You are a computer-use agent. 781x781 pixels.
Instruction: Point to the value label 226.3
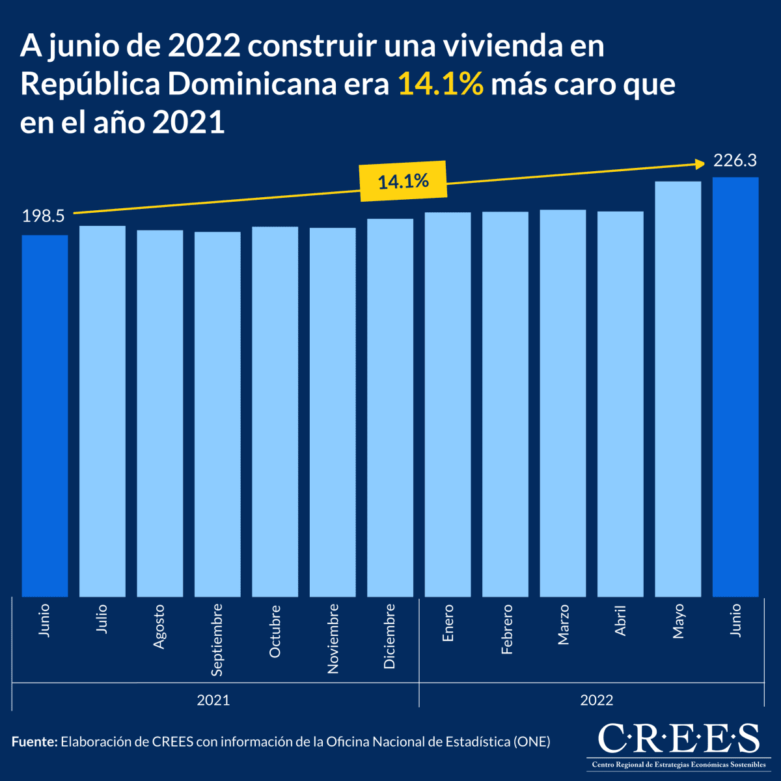point(735,160)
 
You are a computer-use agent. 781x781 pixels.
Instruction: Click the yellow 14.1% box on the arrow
point(404,180)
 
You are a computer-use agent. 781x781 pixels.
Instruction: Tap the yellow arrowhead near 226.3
point(701,163)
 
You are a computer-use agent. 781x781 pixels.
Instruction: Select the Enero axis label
point(448,623)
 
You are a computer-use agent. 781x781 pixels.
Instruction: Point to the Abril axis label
point(620,621)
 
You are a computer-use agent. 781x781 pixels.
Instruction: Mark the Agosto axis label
point(159,626)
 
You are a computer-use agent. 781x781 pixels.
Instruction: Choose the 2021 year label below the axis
point(213,700)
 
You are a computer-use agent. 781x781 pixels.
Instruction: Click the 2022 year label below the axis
point(597,700)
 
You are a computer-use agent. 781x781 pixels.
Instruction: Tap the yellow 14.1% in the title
point(441,85)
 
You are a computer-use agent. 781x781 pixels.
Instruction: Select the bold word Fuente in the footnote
point(34,741)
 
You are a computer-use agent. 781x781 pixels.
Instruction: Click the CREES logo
point(678,744)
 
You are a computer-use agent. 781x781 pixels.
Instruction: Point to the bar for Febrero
point(505,404)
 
